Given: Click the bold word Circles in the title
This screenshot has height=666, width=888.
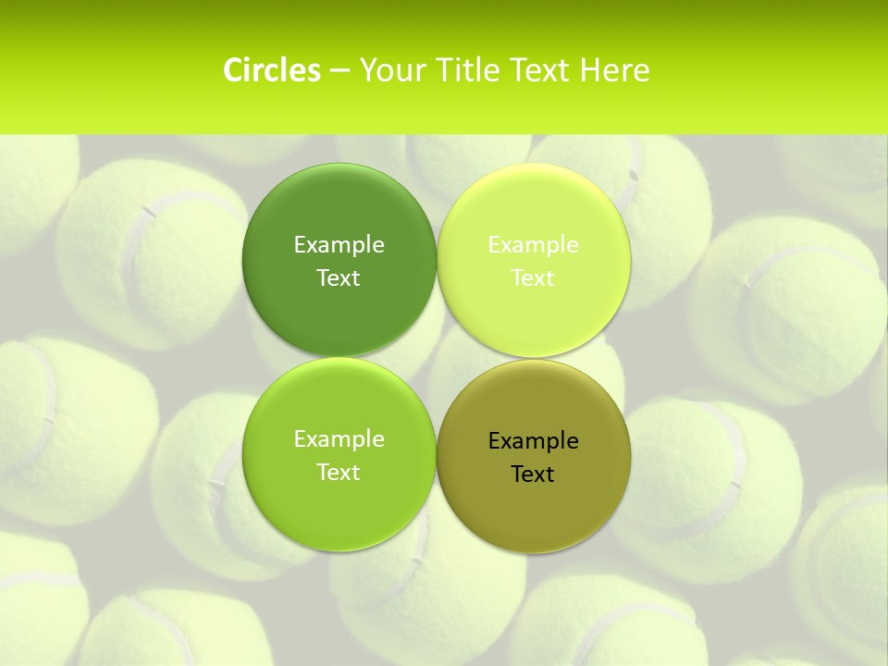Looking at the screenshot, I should [x=272, y=70].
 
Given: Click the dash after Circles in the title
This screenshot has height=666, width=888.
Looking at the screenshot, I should [x=339, y=71].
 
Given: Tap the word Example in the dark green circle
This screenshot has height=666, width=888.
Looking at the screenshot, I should [x=339, y=245].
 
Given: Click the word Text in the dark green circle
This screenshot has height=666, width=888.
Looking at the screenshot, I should [x=339, y=278].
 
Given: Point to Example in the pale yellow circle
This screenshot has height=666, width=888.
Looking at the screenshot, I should [x=533, y=245].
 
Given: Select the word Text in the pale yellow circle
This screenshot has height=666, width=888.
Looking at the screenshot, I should [x=533, y=278].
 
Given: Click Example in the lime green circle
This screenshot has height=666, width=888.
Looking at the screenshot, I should [x=339, y=439].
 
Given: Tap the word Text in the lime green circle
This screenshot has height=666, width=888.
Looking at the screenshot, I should [x=339, y=473].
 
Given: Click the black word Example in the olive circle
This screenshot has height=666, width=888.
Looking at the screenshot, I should [x=533, y=441].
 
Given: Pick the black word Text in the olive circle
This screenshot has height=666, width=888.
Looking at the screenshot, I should [x=533, y=475].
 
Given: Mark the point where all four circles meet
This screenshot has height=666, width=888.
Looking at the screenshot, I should [x=437, y=357].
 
